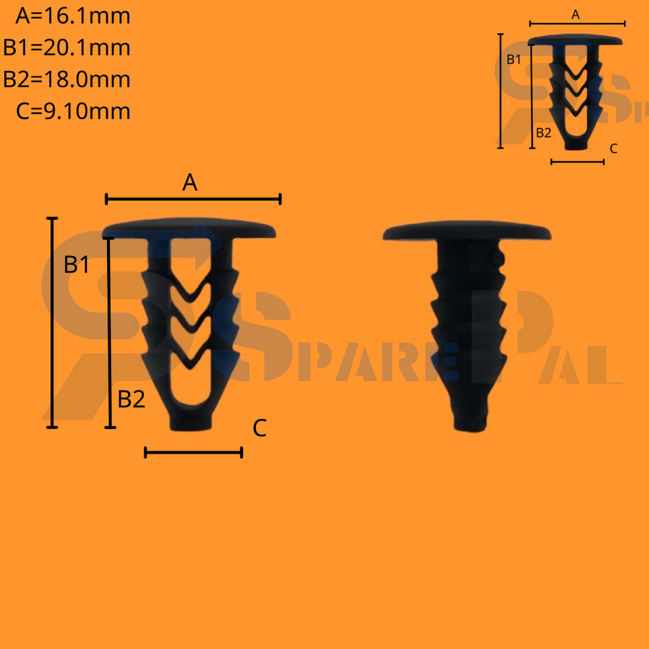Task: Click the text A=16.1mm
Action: pyautogui.click(x=73, y=16)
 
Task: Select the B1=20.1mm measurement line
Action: pyautogui.click(x=67, y=48)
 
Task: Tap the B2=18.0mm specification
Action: pyautogui.click(x=67, y=79)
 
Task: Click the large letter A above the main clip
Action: pyautogui.click(x=190, y=183)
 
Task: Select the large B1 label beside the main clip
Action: pyautogui.click(x=77, y=265)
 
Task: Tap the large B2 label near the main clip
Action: pyautogui.click(x=132, y=399)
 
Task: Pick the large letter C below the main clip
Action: pyautogui.click(x=259, y=428)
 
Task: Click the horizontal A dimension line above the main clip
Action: pyautogui.click(x=193, y=200)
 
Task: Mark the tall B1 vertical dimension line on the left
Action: pyautogui.click(x=53, y=323)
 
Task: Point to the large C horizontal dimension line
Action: pyautogui.click(x=193, y=452)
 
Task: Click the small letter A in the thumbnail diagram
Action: pyautogui.click(x=575, y=15)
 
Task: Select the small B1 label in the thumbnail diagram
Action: pyautogui.click(x=513, y=60)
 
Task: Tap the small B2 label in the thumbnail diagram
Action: pyautogui.click(x=543, y=132)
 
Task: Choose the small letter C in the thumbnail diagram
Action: pyautogui.click(x=613, y=148)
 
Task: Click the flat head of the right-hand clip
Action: pyautogui.click(x=466, y=231)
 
